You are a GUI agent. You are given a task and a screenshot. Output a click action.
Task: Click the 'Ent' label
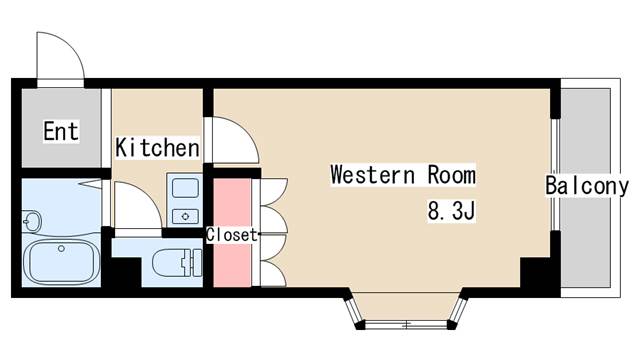click(60, 131)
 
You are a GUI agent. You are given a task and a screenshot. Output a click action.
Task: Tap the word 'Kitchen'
click(157, 148)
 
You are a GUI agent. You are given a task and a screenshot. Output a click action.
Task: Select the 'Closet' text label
click(232, 235)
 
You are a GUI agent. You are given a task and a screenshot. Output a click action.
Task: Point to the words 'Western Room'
click(403, 175)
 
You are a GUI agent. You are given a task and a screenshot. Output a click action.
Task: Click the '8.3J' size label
click(449, 211)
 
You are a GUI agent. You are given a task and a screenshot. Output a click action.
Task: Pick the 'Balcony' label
click(587, 185)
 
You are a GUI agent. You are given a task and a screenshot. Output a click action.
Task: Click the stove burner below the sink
click(185, 214)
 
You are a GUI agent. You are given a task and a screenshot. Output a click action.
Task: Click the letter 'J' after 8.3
click(465, 211)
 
